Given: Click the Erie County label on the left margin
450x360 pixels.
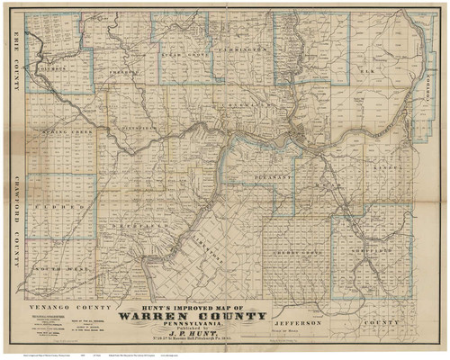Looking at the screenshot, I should (15, 68).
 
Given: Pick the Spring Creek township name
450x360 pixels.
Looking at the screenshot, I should (62, 132).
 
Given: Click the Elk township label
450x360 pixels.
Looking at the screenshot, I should (367, 68).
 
